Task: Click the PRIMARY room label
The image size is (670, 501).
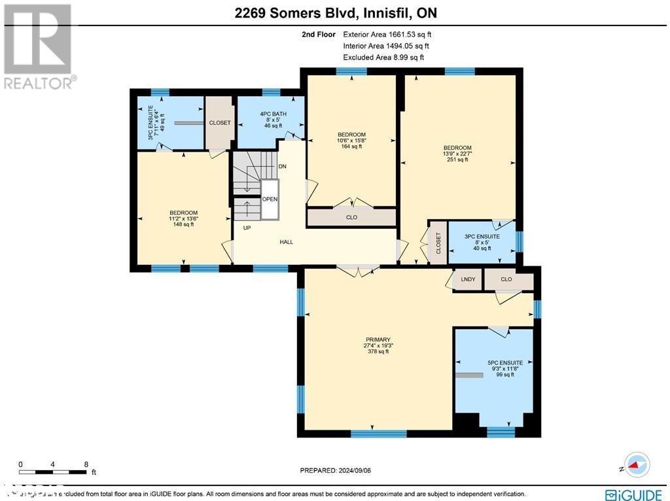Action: coord(378,339)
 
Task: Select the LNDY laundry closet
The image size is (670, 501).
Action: coord(468,279)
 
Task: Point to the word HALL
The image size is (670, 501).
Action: coord(286,242)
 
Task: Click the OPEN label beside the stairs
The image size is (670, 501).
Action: coord(270,199)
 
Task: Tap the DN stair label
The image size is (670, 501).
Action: coord(283,167)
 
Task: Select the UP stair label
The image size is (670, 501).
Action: coord(247,228)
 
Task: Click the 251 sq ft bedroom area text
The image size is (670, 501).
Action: coord(457,160)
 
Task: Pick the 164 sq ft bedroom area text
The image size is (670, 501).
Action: coord(352,147)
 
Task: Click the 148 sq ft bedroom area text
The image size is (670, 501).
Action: coord(183,224)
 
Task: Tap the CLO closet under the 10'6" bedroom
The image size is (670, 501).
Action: coord(352,217)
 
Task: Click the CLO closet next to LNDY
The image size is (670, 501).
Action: coord(506,279)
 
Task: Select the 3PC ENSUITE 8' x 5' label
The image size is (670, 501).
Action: coord(482,237)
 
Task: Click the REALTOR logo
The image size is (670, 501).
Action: coord(39,46)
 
